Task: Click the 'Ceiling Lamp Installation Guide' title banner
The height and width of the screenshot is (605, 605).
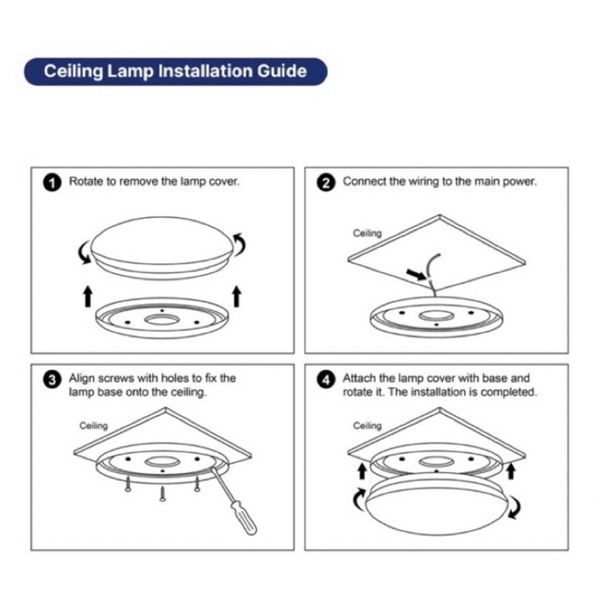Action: coord(175,71)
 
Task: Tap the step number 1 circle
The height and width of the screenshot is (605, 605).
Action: coord(52,182)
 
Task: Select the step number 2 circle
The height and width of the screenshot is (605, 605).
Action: coord(326,182)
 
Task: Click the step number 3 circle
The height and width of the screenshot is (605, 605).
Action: coord(52,380)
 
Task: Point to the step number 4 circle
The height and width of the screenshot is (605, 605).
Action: coord(326,380)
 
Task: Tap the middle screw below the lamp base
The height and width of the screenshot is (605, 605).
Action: coord(163,494)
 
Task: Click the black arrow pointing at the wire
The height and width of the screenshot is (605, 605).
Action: coord(417,274)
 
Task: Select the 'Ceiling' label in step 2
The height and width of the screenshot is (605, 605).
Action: coord(368,233)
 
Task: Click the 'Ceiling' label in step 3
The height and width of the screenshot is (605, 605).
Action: coord(94,426)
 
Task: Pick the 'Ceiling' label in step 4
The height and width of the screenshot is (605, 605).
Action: coord(368,426)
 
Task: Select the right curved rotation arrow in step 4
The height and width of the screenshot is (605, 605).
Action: coord(516,507)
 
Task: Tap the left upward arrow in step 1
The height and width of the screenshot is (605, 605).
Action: coord(88,296)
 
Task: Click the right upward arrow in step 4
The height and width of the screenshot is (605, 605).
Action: coord(511,472)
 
